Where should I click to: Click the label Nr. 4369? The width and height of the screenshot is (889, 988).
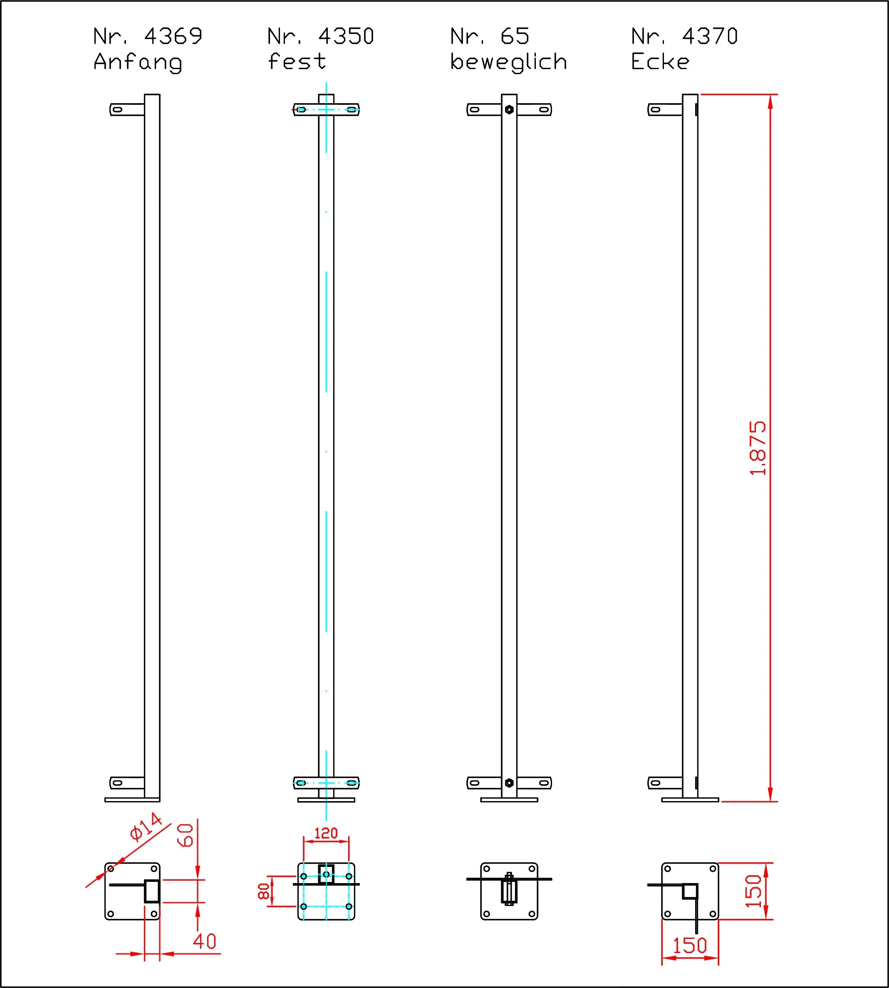coord(148,37)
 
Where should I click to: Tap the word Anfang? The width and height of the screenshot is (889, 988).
coord(138,62)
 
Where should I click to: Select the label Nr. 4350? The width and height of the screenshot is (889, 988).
coord(321,37)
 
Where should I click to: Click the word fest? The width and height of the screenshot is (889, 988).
coord(297,62)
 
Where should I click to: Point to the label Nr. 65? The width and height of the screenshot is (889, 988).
coord(490,37)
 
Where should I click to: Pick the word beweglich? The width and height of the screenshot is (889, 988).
coord(508,62)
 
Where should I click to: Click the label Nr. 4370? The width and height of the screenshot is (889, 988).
coord(684,37)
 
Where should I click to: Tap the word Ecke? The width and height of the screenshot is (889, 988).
coord(660,62)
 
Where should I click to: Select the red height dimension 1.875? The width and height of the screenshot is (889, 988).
coord(758,448)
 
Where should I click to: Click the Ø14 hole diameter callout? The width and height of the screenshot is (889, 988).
coord(146,827)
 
